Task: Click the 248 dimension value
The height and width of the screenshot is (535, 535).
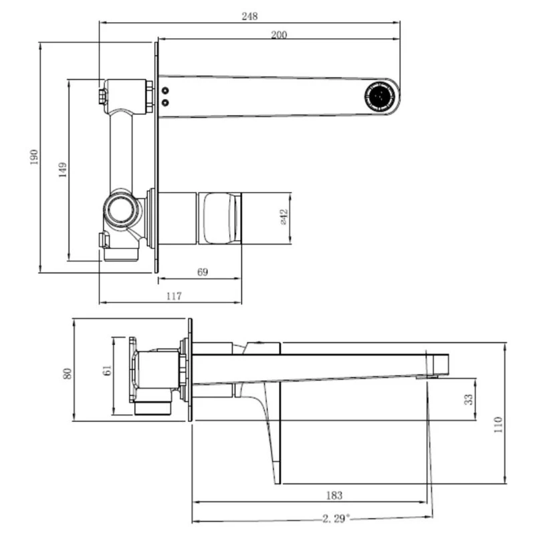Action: coord(249,16)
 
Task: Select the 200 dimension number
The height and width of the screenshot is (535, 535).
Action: coord(279,35)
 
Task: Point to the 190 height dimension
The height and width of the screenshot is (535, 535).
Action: coord(34,157)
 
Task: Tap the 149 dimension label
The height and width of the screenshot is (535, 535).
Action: coord(63,170)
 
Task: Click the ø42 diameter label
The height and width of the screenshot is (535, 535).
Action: coord(284,217)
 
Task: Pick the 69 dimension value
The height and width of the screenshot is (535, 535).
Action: coord(203,272)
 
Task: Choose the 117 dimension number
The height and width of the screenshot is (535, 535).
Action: coord(174,296)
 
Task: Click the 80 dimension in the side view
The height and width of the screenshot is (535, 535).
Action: coord(68,374)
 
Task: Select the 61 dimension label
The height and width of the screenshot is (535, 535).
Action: coord(107,370)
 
